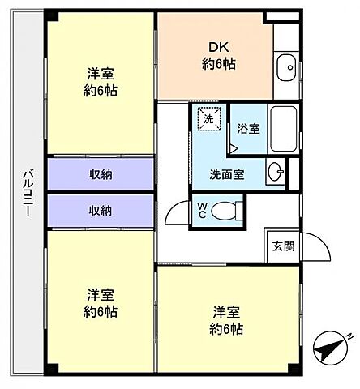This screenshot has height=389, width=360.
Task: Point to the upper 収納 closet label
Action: pos(101,173)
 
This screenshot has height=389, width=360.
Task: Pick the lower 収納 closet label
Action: pos(101,210)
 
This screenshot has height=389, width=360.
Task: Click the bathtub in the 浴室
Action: pos(284,129)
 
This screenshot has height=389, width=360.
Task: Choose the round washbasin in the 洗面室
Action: pos(276,172)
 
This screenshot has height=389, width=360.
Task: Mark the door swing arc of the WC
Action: pos(173,213)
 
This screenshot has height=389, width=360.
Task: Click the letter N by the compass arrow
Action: pos(348,336)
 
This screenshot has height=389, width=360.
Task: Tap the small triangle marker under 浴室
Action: pos(233,148)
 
